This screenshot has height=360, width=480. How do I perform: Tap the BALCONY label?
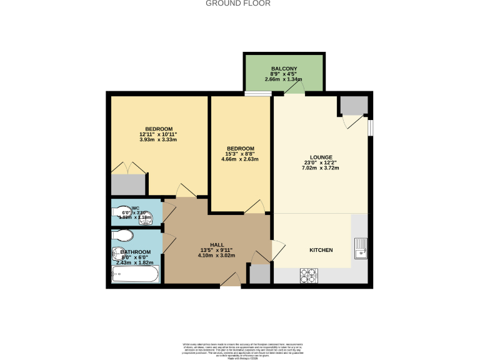(x=284, y=69)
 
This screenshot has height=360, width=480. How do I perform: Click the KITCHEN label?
(x=321, y=250)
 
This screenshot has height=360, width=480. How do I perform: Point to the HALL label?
(x=217, y=244)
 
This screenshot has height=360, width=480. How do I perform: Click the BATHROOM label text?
(x=136, y=252)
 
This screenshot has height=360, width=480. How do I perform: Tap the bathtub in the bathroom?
(x=134, y=275)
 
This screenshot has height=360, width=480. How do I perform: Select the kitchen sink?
(x=361, y=249)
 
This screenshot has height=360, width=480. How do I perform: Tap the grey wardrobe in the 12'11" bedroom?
(x=128, y=184)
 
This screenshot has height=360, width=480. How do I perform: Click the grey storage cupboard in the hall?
(x=260, y=274)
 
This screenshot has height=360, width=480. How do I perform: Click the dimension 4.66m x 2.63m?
(x=240, y=159)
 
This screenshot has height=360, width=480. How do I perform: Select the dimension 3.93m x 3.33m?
(x=159, y=139)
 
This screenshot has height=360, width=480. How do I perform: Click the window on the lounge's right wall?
(x=371, y=127)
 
